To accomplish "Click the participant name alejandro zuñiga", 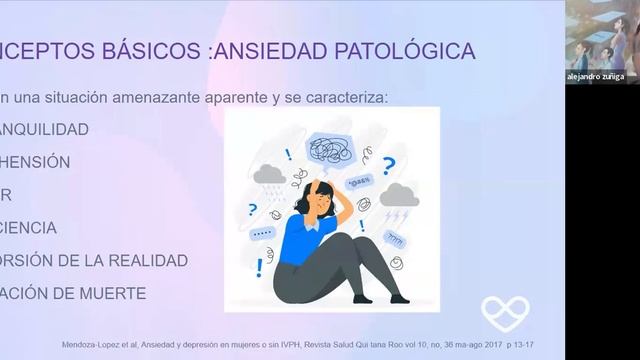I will pyautogui.click(x=595, y=77).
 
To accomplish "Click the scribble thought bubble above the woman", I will pyautogui.click(x=332, y=151).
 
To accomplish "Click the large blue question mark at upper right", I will pyautogui.click(x=388, y=166).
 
